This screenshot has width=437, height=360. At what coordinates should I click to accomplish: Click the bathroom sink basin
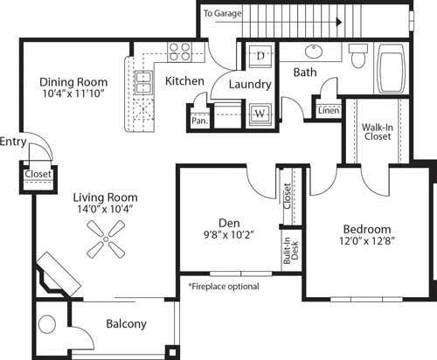pos(312,50)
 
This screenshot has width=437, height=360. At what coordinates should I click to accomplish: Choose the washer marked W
pos(260,113)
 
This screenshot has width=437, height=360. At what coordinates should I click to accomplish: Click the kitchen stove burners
pos(179,52)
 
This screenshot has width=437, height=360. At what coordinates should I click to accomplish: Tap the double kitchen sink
pos(142,83)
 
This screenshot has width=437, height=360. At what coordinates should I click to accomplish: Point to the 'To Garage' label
pos(221,14)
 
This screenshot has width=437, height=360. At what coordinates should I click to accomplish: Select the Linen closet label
pos(329,111)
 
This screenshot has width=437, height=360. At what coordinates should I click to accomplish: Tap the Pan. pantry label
pos(199,121)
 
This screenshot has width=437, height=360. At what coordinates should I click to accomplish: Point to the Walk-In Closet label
pos(377,132)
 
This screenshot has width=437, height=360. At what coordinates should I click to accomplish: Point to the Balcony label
pos(127,324)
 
